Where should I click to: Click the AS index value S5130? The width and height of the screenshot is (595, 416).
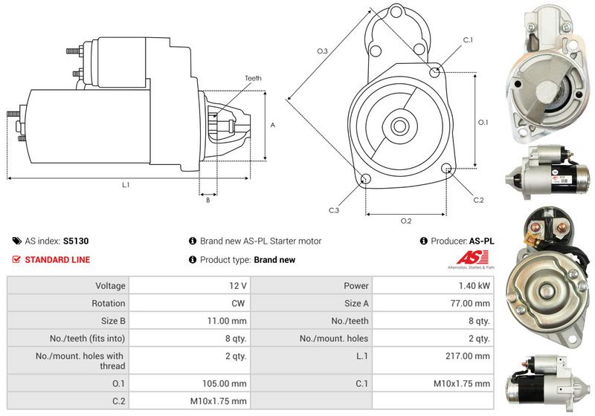click(76, 241)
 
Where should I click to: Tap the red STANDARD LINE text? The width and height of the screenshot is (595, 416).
click(57, 260)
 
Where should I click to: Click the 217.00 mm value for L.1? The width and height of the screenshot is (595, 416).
click(468, 356)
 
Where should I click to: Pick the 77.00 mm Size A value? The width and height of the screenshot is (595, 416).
click(470, 304)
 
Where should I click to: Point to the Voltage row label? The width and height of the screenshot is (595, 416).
click(110, 286)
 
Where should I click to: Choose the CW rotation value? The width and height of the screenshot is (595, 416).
click(238, 304)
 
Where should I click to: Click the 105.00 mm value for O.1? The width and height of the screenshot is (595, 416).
click(225, 384)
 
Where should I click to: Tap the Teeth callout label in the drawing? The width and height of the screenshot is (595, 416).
click(253, 78)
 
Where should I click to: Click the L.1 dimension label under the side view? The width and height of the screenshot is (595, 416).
click(126, 185)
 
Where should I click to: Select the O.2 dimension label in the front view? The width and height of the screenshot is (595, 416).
click(406, 221)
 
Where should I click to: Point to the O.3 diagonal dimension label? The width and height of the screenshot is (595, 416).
click(322, 51)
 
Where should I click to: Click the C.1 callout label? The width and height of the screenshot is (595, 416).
click(469, 40)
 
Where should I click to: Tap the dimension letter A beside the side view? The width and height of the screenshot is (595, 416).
click(272, 125)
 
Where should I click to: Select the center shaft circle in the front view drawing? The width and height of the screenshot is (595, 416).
click(399, 126)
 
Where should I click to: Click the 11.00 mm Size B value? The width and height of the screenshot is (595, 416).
click(227, 321)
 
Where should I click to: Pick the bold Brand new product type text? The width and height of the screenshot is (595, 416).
click(274, 260)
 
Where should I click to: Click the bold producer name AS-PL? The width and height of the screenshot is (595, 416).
click(481, 241)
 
